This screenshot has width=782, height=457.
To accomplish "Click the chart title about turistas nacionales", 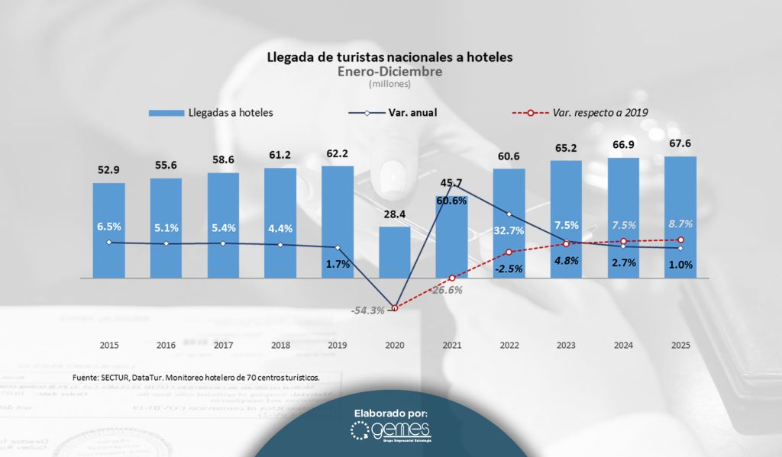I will (389, 57).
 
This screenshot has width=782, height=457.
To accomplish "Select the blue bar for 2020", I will (394, 252).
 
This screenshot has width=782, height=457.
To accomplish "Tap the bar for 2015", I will (108, 229).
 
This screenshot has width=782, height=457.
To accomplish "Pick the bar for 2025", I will (680, 217).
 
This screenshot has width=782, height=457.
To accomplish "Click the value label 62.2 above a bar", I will (337, 153).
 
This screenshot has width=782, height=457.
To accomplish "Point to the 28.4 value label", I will (394, 213).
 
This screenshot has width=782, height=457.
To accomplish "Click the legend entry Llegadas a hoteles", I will (211, 112).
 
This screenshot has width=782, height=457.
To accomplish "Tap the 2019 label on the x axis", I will (337, 345).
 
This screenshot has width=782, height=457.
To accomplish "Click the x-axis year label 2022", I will (509, 345).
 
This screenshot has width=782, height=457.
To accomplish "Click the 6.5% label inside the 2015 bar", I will (108, 227).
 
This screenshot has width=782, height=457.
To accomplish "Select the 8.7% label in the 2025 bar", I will (680, 225).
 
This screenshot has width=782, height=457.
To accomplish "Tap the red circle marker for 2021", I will (452, 278).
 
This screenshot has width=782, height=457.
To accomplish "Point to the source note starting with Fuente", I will (195, 377).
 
